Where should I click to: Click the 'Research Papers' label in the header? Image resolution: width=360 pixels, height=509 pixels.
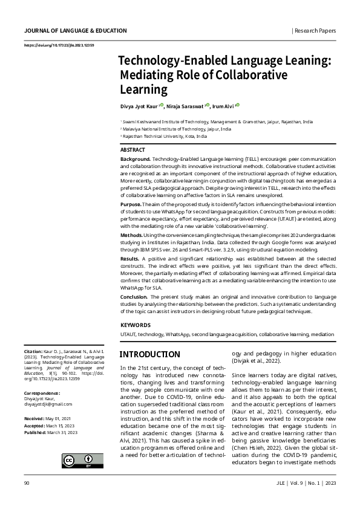(x=315, y=30)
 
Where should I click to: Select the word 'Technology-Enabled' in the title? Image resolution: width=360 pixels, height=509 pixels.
(x=160, y=62)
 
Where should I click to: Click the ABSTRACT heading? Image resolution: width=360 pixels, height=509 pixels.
(x=133, y=149)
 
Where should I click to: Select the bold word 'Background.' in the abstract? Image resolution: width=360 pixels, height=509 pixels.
(x=136, y=158)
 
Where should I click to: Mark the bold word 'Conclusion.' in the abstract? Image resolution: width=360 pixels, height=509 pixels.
(x=134, y=297)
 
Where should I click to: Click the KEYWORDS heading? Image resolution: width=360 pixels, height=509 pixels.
(x=136, y=325)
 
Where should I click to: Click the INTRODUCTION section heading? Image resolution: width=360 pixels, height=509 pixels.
(x=150, y=354)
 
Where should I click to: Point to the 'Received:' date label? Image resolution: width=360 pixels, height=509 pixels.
(x=34, y=418)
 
